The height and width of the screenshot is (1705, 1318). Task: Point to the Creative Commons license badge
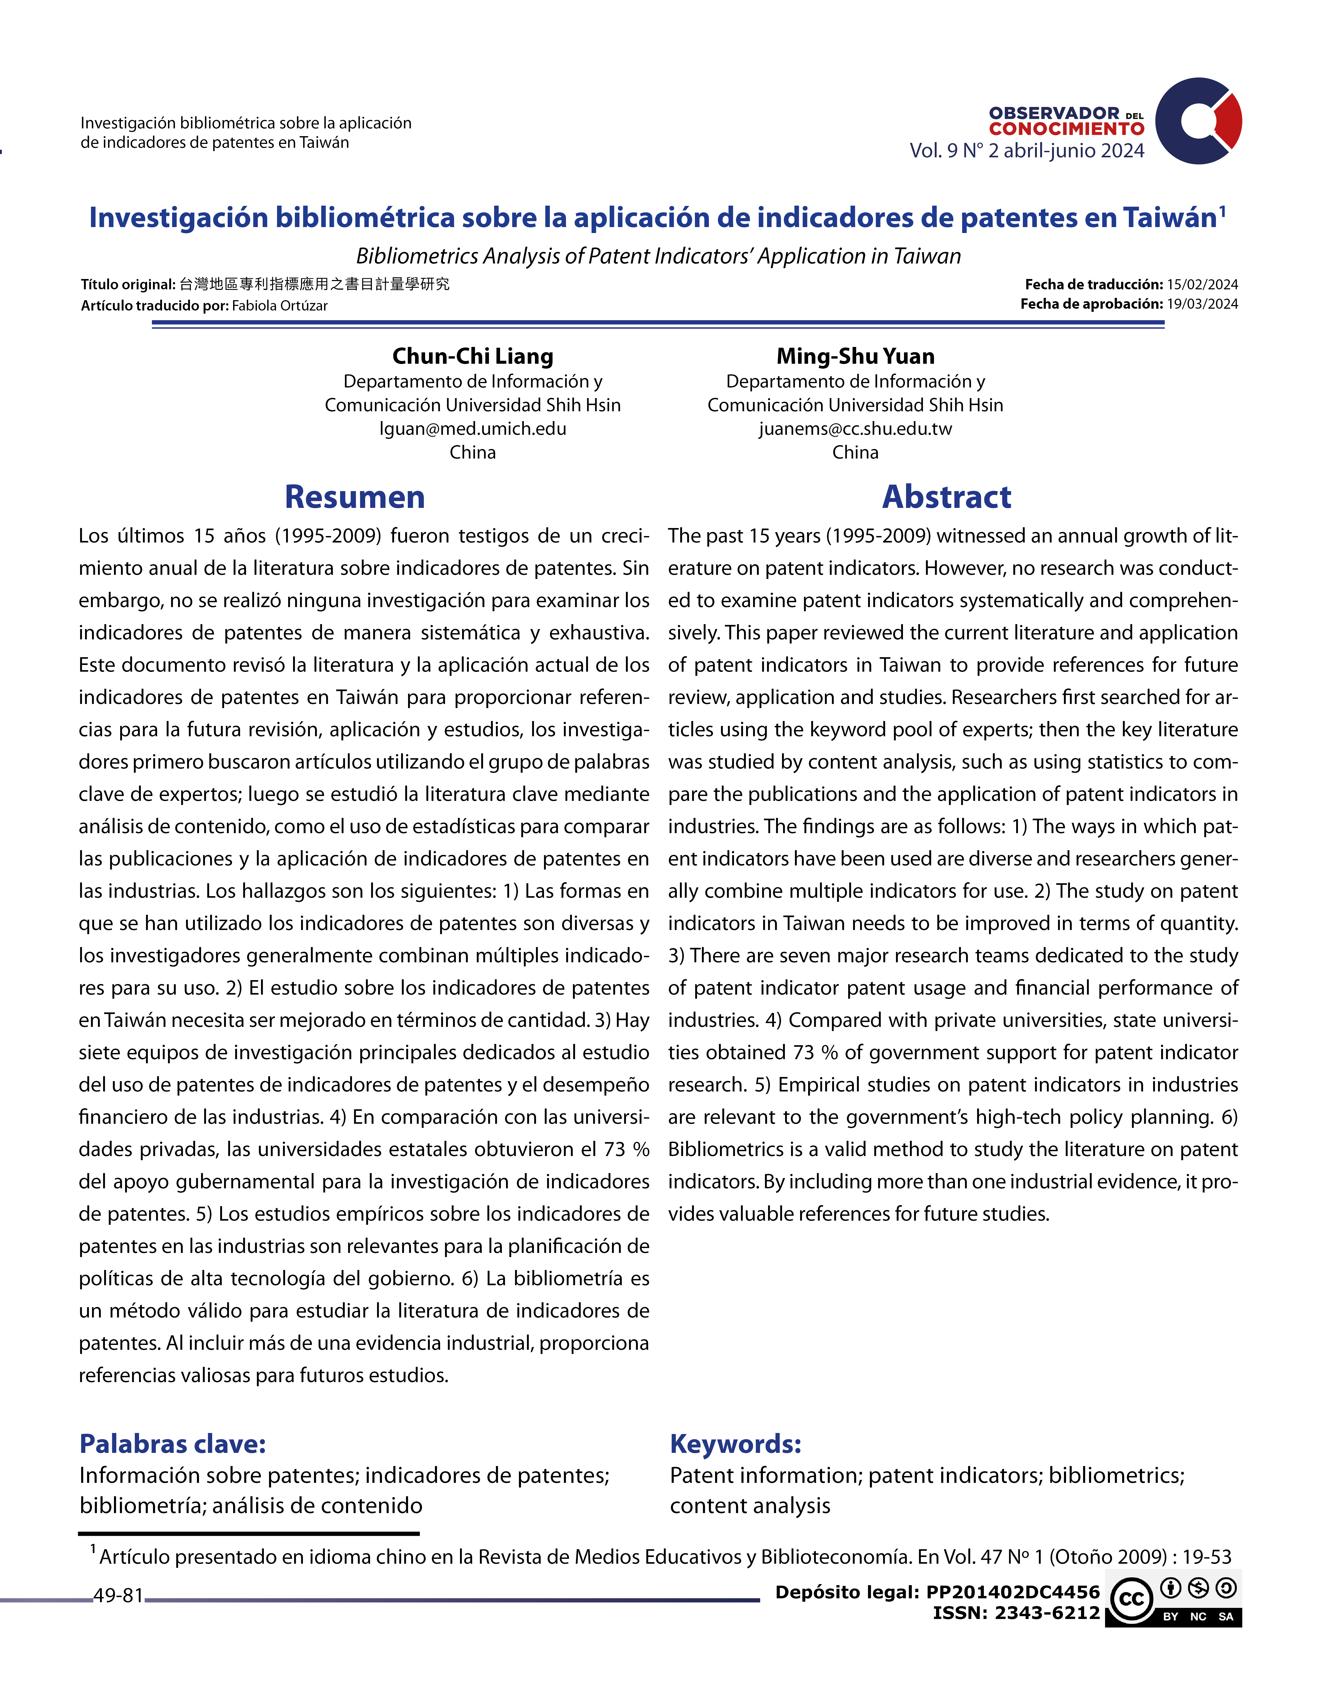tap(1174, 1601)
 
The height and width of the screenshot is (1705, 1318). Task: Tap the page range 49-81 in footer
tap(119, 1596)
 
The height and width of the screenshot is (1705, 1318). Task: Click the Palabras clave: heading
tap(173, 1444)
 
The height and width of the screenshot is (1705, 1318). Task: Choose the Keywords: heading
tap(735, 1444)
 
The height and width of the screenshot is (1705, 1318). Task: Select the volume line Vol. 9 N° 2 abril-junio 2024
tap(1026, 151)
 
